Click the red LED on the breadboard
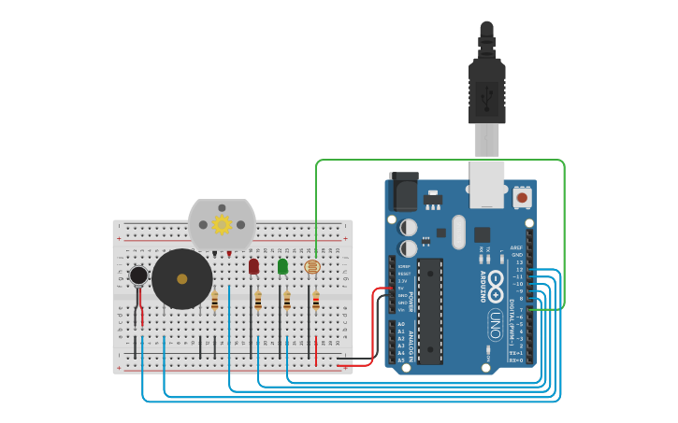tap(253, 267)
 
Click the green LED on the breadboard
tap(282, 267)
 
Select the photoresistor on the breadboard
tap(312, 267)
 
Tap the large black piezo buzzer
tap(181, 279)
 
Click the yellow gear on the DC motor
tap(222, 224)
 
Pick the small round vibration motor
tap(138, 275)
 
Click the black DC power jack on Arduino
tap(404, 193)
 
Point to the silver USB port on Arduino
tap(487, 184)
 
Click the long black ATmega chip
tap(429, 311)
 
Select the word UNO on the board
tap(495, 324)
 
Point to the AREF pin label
tap(517, 247)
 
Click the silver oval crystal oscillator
tap(458, 233)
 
